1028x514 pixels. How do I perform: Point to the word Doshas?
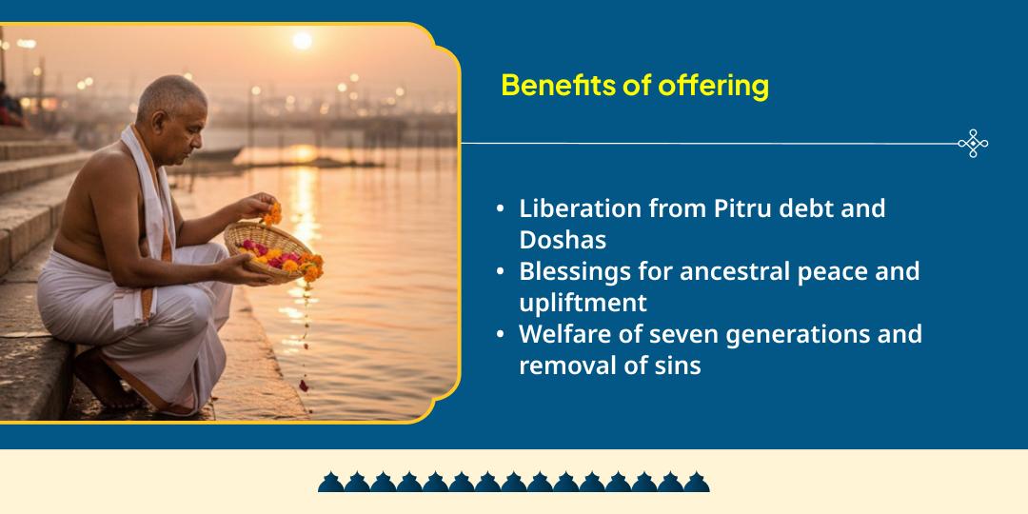(563, 238)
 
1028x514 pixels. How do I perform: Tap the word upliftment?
(583, 303)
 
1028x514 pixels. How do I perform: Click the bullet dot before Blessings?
(501, 272)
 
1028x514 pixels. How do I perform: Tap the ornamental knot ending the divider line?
(973, 144)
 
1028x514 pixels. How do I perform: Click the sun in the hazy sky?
(303, 40)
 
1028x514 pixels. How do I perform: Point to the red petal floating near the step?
(304, 385)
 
